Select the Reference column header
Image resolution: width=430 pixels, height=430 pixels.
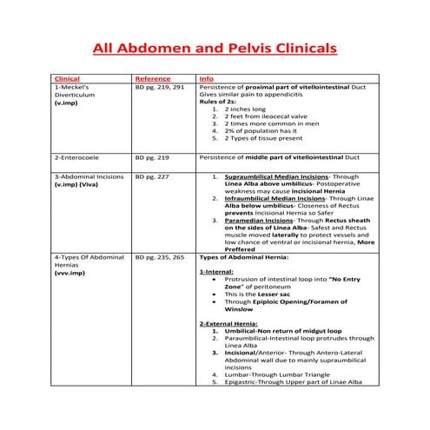click(x=153, y=78)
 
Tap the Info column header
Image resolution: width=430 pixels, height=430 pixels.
click(x=206, y=78)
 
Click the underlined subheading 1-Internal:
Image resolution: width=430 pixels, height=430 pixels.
click(x=216, y=273)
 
